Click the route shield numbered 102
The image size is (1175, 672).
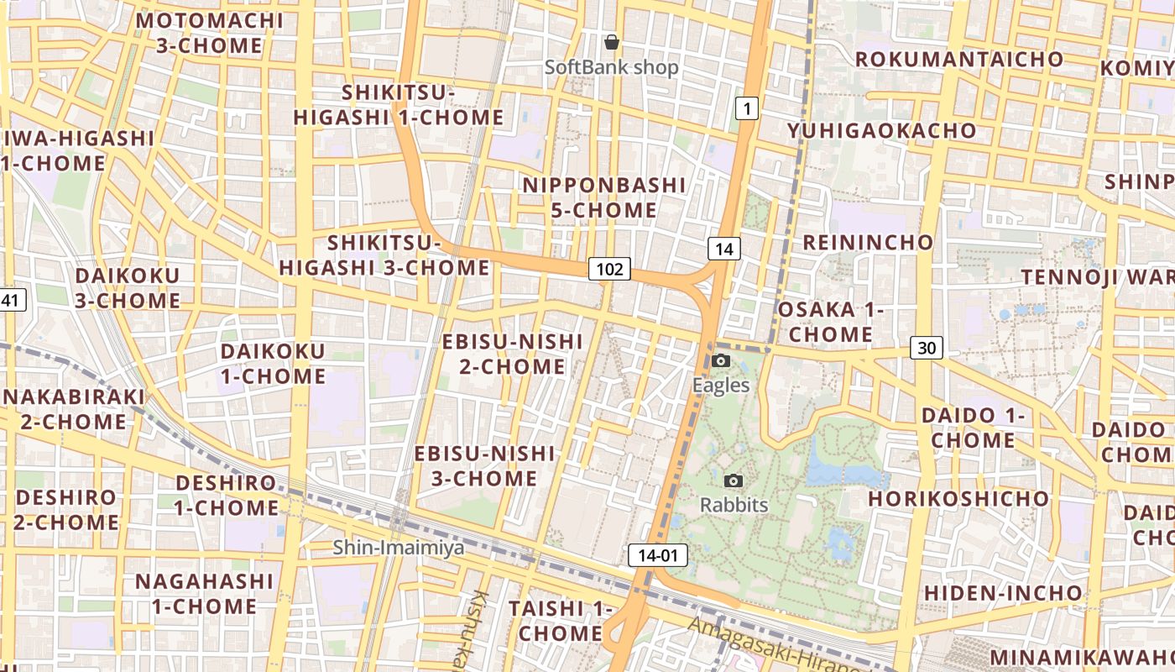[609, 269]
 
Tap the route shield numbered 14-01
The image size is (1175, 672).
[657, 555]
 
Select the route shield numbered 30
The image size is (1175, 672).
[927, 348]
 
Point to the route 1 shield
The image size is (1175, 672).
[747, 108]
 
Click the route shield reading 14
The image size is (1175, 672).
[724, 249]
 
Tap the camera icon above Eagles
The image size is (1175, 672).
[720, 361]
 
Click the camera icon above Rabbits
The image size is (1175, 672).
[734, 481]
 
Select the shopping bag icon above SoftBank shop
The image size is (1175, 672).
[612, 42]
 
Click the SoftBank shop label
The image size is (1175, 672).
[612, 67]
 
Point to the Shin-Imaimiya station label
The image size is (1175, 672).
[399, 548]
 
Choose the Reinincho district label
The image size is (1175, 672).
[868, 243]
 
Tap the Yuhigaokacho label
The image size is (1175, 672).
[881, 131]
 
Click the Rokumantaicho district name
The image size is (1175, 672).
[959, 60]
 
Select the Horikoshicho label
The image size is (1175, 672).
[958, 499]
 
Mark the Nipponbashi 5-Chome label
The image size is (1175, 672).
[604, 197]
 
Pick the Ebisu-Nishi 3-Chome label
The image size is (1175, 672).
[484, 466]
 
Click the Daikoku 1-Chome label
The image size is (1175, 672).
[273, 364]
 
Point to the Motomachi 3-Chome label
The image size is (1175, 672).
[210, 33]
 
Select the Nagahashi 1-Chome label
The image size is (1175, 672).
[204, 594]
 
